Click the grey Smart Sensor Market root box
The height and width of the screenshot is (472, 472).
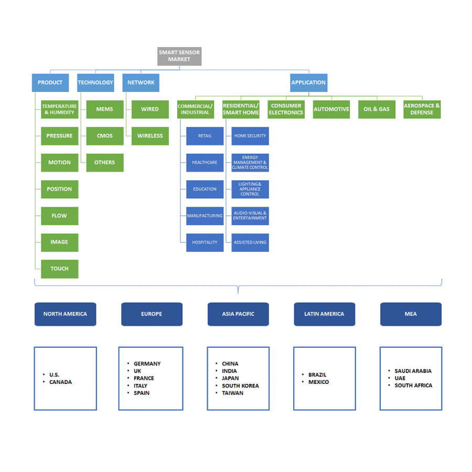[x=179, y=56]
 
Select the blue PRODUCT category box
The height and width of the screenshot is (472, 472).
[x=50, y=83]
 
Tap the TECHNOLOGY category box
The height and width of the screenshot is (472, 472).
[x=95, y=83]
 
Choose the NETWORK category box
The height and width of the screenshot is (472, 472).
[x=141, y=83]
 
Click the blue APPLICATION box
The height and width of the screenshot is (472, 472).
[x=308, y=83]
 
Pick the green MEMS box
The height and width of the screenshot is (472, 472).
[x=105, y=109]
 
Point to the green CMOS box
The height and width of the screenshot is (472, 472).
[x=105, y=136]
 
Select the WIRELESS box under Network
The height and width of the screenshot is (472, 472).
[x=150, y=136]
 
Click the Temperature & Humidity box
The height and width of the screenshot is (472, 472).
[x=59, y=109]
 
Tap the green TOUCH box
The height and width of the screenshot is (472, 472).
[x=59, y=269]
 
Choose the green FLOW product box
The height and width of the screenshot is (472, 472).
[x=59, y=216]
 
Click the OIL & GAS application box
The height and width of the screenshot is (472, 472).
[x=377, y=109]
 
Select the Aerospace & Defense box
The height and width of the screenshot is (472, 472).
[x=422, y=109]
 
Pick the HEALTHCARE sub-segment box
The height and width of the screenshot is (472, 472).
[x=205, y=163]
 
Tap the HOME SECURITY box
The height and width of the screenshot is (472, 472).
[x=250, y=136]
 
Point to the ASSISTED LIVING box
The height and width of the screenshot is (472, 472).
[x=250, y=242]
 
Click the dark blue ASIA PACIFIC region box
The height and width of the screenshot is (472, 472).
[x=238, y=314]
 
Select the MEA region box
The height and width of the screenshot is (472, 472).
[x=411, y=314]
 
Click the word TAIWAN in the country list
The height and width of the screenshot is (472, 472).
[x=232, y=393]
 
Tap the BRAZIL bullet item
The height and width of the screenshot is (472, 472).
[x=317, y=375]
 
